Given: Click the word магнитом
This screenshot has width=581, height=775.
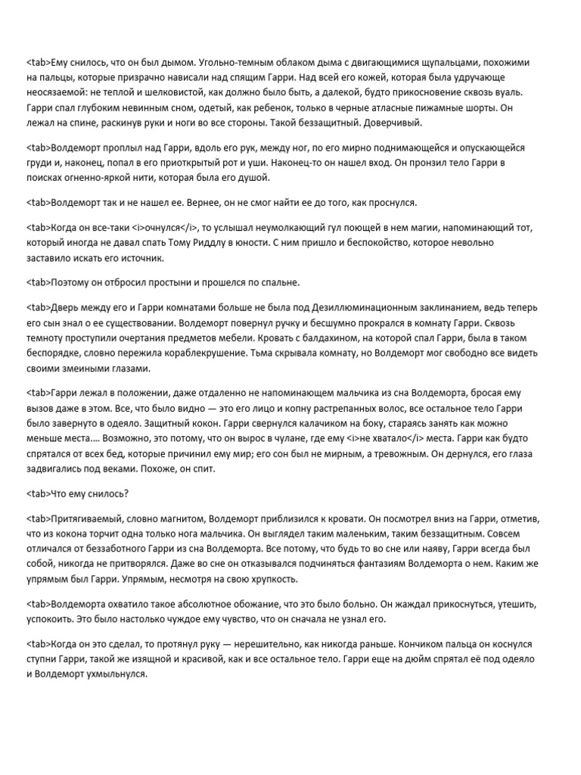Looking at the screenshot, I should click(174, 521).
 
